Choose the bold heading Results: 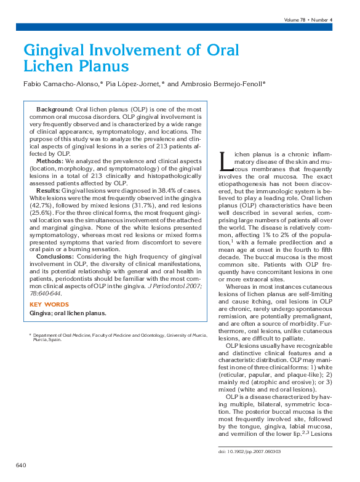48,191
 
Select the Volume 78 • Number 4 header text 308,20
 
